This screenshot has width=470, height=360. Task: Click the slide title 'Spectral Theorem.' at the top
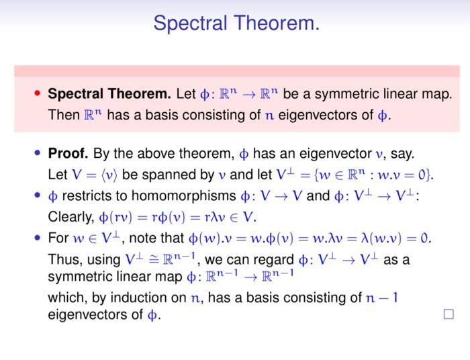pos(235,24)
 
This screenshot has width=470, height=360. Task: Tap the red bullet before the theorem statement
pos(38,93)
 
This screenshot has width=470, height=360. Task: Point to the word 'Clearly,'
pos(70,218)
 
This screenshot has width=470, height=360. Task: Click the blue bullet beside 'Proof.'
pos(38,154)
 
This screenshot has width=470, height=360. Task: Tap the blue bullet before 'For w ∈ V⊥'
pos(38,239)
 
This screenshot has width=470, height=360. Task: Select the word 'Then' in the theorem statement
pos(64,114)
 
